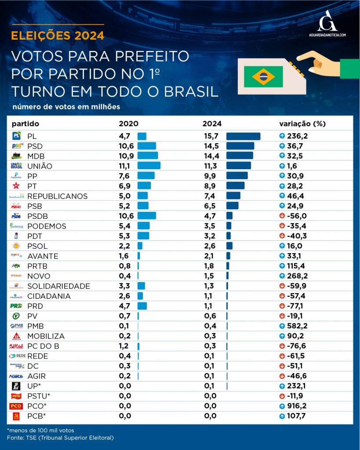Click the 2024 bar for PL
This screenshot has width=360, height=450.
click(243, 136)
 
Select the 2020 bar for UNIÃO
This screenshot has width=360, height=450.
click(149, 166)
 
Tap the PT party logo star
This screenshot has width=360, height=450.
click(16, 186)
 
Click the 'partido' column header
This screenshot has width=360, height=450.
click(25, 123)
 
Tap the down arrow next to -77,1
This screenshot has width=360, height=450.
click(282, 306)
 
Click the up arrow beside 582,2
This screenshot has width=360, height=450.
click(282, 326)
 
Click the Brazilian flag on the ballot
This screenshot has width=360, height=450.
click(263, 77)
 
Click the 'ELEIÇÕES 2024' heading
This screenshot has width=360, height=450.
click(58, 36)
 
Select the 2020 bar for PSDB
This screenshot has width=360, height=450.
click(146, 216)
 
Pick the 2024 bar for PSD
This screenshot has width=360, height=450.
click(240, 146)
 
